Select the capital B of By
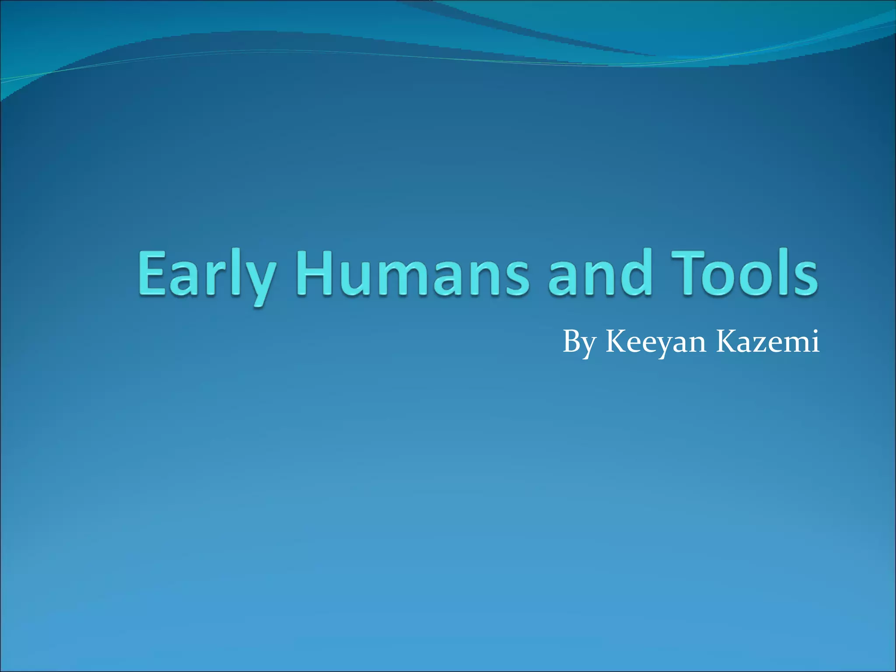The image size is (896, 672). (x=571, y=341)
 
